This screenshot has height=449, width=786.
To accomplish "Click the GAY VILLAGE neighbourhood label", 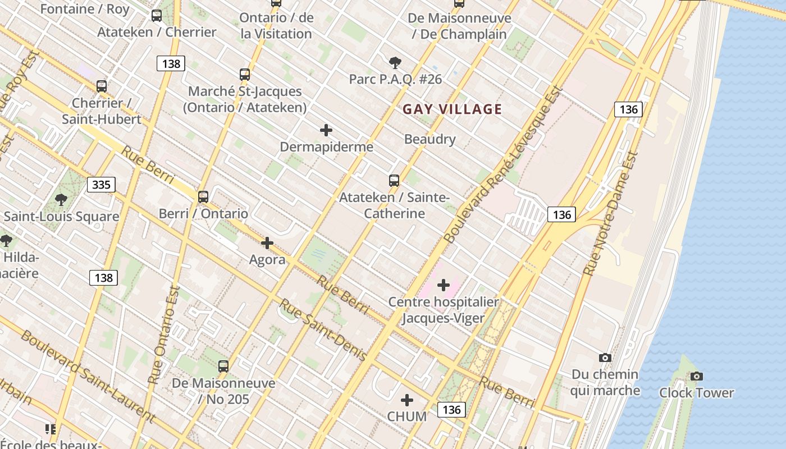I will click(452, 109).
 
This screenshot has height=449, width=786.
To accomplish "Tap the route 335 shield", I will click(101, 185).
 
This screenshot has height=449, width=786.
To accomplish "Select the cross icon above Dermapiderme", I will click(326, 131).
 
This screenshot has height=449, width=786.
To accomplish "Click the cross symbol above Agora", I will click(267, 243).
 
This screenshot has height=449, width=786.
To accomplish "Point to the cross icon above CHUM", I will click(407, 400).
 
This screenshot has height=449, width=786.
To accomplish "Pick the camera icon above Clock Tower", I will click(696, 376).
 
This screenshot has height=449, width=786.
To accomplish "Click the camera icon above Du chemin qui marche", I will click(605, 358).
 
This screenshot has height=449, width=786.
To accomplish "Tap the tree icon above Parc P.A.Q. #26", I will click(395, 62).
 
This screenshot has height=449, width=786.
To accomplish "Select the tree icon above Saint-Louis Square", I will click(61, 200).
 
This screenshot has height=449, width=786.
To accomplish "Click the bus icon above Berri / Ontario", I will click(203, 197).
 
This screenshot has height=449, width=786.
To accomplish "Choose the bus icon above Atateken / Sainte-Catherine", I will click(394, 181).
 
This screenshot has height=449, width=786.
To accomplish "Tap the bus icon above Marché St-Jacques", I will click(245, 75).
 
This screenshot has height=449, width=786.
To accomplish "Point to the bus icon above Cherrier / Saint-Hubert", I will click(102, 86).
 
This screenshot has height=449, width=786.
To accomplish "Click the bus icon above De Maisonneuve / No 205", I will click(223, 366).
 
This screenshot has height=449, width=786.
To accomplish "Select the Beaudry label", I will click(429, 139).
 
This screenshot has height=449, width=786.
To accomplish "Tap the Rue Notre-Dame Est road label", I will click(611, 213).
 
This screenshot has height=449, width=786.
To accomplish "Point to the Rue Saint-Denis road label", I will click(323, 330).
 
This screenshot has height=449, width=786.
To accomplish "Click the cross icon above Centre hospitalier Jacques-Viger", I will click(444, 285).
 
